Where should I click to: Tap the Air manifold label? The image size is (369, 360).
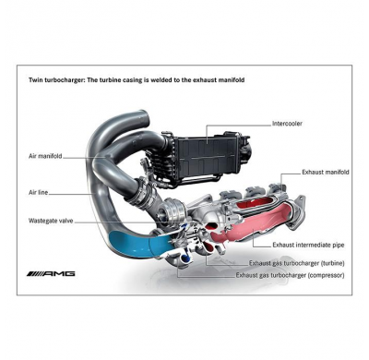pyautogui.click(x=43, y=157)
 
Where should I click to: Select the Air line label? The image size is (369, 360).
pyautogui.click(x=38, y=195)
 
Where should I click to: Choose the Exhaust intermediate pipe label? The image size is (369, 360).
pyautogui.click(x=309, y=245)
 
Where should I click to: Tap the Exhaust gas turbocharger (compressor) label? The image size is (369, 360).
pyautogui.click(x=292, y=275)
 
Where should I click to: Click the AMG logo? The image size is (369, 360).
pyautogui.click(x=53, y=274)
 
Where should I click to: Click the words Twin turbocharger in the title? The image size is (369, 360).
pyautogui.click(x=56, y=81)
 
